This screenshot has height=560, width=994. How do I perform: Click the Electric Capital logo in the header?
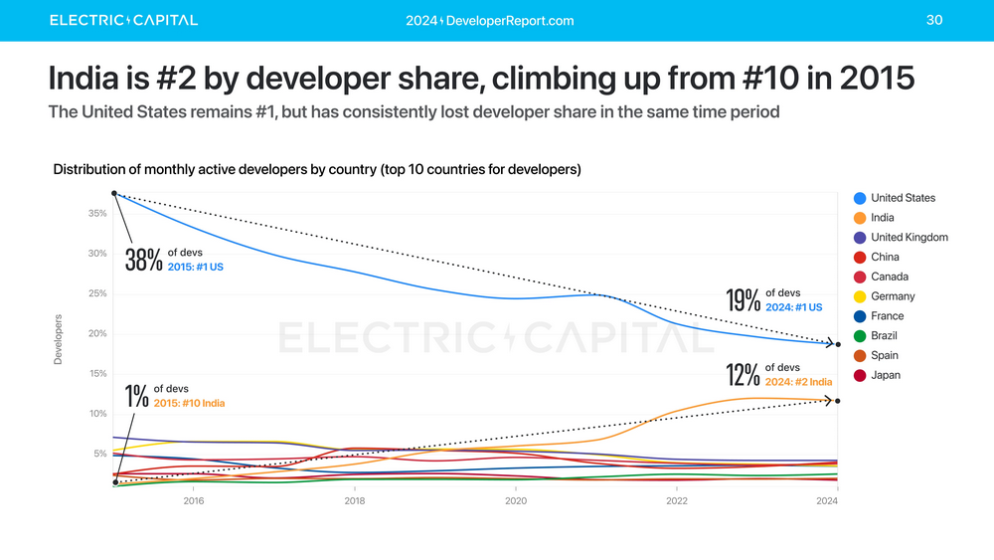coord(123,20)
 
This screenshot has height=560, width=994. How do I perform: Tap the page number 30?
coord(933,20)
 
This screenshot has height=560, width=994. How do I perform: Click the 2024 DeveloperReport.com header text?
coord(490,21)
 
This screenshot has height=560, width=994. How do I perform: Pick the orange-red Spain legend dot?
coord(860,355)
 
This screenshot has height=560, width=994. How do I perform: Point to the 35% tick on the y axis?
coord(96,213)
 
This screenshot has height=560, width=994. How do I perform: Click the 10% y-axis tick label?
coord(96,414)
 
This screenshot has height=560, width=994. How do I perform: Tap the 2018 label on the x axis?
coord(355,501)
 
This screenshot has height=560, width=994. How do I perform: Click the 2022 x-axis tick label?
coord(676,501)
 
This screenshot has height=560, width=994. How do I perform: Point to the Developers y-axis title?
coord(58,339)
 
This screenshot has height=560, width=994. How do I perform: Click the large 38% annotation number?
coord(143,260)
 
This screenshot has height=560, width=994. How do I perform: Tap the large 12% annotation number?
coord(744,375)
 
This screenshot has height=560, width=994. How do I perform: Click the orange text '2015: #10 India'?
coord(189,403)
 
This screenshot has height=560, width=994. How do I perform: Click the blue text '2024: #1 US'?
coord(794,307)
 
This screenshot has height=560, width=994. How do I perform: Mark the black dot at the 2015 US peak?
coord(115,193)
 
